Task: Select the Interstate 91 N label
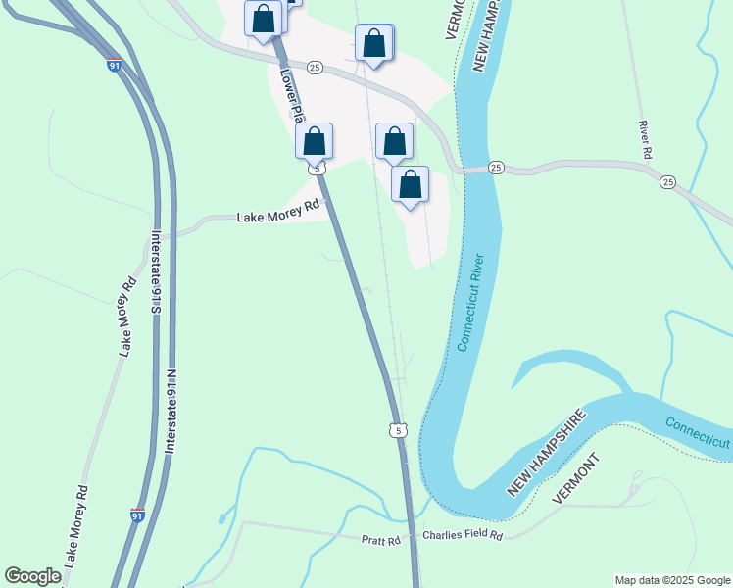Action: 171,411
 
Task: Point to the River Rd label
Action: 644,139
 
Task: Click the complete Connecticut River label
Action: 470,303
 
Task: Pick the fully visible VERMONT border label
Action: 574,479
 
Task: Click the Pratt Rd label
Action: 382,540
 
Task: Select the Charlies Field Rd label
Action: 463,536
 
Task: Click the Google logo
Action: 32,576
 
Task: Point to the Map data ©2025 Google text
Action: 672,580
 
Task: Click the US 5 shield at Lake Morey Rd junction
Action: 316,169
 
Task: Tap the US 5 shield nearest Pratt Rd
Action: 396,430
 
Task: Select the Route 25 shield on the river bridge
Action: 496,169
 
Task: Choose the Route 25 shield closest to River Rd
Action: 667,182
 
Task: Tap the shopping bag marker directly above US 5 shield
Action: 314,141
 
